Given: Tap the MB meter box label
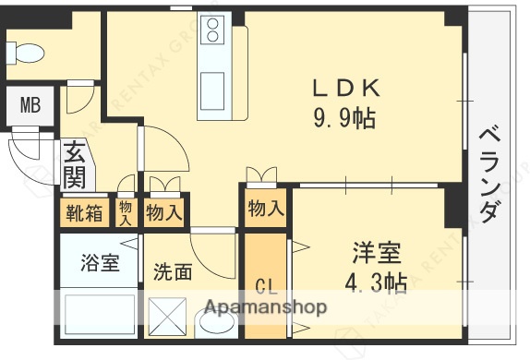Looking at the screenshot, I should click(30, 106).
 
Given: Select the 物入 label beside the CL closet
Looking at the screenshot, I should click(266, 210).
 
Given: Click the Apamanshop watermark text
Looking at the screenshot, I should click(266, 306).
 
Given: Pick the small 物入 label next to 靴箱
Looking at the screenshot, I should click(126, 213).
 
